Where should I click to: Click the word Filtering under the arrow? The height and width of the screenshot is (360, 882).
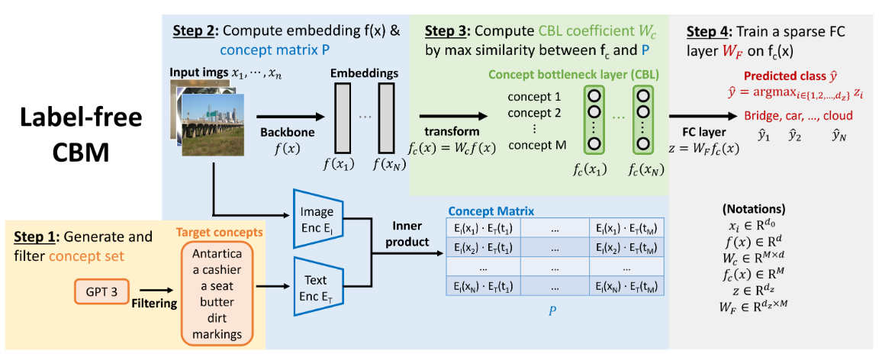pos(155,304)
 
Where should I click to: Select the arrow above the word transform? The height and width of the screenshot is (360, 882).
pos(455,117)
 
